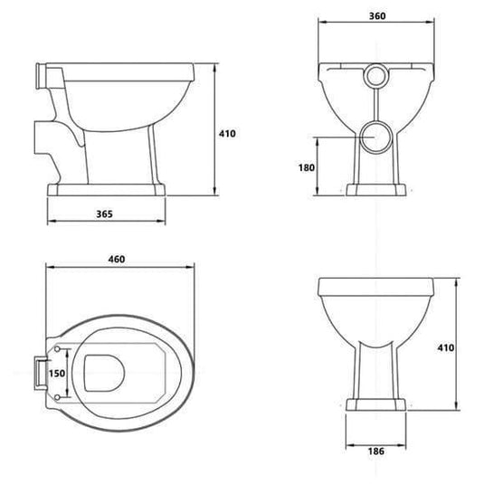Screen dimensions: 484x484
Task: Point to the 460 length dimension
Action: (x=116, y=260)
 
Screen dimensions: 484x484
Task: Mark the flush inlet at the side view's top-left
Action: (x=40, y=71)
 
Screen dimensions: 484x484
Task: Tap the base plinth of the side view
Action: (x=106, y=190)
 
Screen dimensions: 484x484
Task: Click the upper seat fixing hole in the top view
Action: (x=59, y=347)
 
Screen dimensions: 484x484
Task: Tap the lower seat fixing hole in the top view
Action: (x=59, y=395)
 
